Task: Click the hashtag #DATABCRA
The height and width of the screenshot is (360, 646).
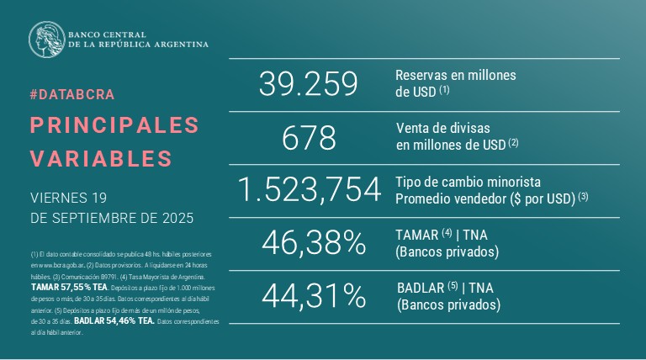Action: pos(71,94)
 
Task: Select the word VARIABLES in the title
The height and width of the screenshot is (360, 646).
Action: pos(101,158)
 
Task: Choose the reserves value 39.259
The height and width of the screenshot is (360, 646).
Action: pos(309,83)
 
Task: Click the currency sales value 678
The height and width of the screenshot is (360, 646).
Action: pos(309,137)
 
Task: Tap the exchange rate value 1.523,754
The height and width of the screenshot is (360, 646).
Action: pos(309,191)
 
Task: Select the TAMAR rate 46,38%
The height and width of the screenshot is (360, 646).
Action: pos(313,244)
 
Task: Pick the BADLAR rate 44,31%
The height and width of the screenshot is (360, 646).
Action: pos(313,296)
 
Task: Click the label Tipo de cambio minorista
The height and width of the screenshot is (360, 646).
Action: pos(468,182)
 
